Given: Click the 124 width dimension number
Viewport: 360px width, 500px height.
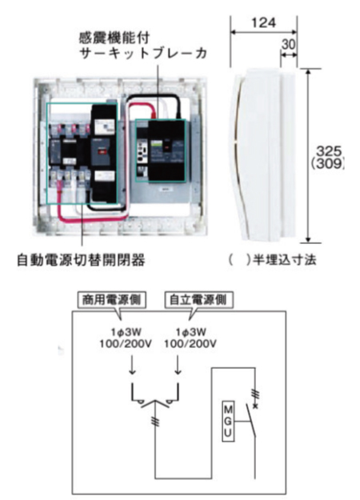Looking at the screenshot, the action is [263, 22].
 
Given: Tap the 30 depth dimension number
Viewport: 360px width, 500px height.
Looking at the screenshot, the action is [289, 45].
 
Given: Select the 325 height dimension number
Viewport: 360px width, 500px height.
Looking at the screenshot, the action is [329, 151].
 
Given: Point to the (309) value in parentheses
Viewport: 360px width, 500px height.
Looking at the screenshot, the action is [328, 163].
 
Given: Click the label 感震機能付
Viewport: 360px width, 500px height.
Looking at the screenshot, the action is [114, 38].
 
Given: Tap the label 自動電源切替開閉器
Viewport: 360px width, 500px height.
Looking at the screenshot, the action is [81, 260].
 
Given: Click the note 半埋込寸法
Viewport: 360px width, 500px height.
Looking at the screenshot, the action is [285, 260].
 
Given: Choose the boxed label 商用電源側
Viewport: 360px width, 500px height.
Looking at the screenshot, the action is [112, 300].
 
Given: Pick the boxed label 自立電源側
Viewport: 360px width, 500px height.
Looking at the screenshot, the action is [198, 300].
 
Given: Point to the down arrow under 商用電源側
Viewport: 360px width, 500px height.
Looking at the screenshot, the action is [133, 366].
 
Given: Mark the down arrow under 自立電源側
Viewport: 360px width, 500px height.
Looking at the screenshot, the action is [178, 366].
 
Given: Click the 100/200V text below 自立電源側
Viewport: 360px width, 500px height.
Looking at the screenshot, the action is [190, 344].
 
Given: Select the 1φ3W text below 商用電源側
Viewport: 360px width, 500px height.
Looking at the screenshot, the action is [126, 332].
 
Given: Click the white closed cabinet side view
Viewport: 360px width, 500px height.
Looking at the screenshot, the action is [265, 155].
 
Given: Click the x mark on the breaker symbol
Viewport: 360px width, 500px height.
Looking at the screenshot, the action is [255, 406].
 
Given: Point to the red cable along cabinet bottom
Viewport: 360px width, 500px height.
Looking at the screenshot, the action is [93, 218].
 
